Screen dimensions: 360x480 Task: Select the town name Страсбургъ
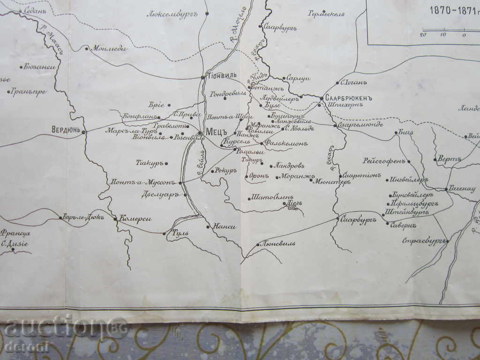(423, 241)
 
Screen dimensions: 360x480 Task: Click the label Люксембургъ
(172, 14)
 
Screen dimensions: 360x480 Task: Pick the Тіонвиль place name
(222, 75)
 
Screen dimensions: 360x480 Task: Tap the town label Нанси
(224, 227)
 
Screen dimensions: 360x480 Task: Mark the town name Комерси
(135, 218)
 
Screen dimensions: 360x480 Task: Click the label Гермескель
(326, 14)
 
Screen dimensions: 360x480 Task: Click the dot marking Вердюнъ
(84, 132)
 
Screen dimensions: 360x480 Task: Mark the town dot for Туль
(165, 233)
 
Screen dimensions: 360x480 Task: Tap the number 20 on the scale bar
(423, 34)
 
